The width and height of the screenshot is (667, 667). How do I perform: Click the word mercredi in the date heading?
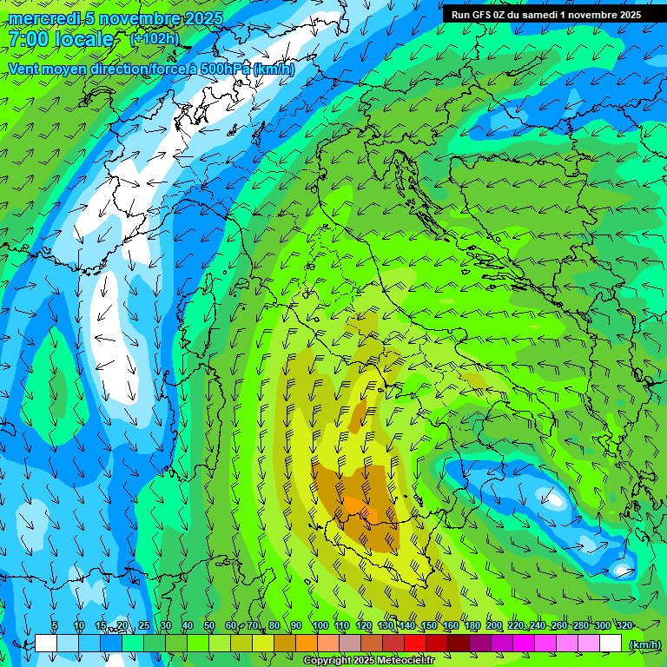(44, 18)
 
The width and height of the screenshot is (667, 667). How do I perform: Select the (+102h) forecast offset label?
(154, 38)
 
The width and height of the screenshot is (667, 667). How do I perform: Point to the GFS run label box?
(545, 15)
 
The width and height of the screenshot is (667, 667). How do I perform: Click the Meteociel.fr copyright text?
(367, 661)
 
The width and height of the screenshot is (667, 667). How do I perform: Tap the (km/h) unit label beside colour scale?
(644, 644)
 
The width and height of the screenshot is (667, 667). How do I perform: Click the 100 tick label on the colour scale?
(320, 625)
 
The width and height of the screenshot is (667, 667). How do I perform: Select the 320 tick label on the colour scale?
(624, 625)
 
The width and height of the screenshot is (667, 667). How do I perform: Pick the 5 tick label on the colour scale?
(55, 625)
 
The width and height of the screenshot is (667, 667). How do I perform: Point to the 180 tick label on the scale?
(472, 625)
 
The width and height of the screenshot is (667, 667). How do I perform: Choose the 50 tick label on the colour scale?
(208, 625)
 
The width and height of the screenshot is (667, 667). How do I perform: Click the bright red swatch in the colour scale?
(415, 643)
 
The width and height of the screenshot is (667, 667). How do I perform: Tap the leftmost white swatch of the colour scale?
(46, 643)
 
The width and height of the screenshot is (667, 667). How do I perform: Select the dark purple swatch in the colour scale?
(480, 643)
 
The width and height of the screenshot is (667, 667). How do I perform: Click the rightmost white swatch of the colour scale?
(611, 643)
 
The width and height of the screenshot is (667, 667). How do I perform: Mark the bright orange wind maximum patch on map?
(356, 508)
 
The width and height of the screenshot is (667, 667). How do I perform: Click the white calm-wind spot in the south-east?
(553, 499)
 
